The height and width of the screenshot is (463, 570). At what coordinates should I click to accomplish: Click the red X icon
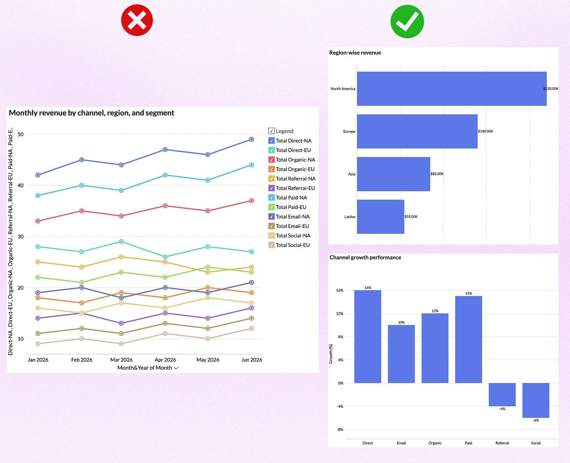(x=137, y=20)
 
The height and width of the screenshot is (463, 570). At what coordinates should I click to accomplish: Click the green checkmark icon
(x=407, y=21)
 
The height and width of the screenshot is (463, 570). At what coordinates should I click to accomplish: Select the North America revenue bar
(x=451, y=89)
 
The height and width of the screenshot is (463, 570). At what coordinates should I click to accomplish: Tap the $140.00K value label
(x=485, y=131)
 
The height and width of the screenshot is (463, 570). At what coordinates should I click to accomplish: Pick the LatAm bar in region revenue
(x=380, y=217)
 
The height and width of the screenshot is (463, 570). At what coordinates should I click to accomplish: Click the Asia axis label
(x=351, y=174)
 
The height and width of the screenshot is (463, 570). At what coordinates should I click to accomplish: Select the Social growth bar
(x=536, y=400)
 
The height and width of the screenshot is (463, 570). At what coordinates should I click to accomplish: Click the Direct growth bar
(x=368, y=336)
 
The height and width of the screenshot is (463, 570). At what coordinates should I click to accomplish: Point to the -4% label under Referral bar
(x=502, y=409)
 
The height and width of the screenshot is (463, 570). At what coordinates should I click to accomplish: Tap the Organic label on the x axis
(x=435, y=443)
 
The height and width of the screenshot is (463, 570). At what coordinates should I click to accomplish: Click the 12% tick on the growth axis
(x=340, y=314)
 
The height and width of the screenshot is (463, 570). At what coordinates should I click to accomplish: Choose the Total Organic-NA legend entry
(x=295, y=160)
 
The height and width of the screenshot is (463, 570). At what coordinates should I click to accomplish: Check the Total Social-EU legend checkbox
(x=272, y=245)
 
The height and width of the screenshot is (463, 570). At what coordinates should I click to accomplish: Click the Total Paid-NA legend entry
(x=291, y=198)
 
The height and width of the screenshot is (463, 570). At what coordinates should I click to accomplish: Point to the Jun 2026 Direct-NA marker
(x=251, y=139)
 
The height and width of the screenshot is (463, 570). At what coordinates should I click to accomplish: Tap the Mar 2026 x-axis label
(x=121, y=360)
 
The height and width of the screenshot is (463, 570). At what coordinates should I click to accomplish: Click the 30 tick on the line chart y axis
(x=21, y=236)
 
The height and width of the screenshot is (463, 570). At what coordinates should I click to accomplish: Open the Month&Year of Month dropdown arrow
(x=176, y=368)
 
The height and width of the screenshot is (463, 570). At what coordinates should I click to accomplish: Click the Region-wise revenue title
(x=355, y=53)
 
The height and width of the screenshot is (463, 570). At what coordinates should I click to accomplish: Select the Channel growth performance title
(x=365, y=257)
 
